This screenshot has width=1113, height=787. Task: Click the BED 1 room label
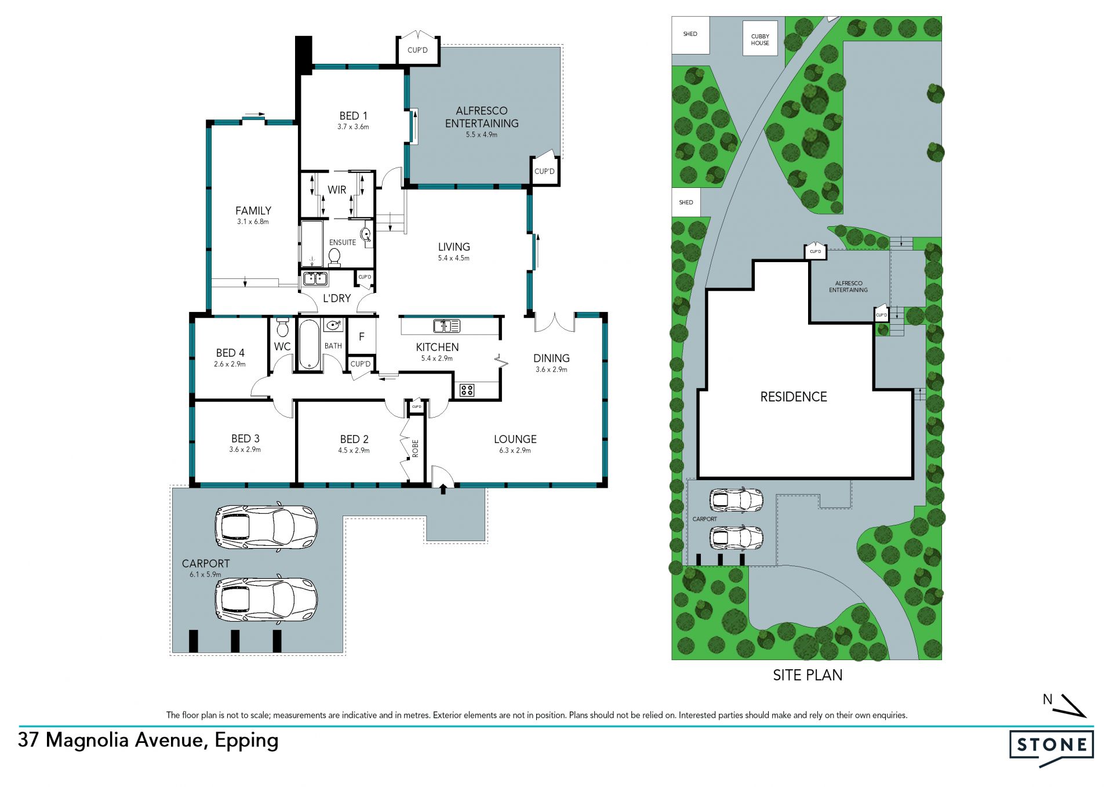(x=353, y=116)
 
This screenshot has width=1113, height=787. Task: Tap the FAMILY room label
(x=253, y=211)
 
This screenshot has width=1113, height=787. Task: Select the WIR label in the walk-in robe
(x=337, y=190)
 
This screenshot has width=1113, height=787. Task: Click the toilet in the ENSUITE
(x=334, y=255)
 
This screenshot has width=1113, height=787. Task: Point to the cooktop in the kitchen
(x=467, y=390)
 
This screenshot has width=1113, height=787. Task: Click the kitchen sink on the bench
(x=446, y=325)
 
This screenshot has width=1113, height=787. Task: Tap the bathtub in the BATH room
(x=308, y=344)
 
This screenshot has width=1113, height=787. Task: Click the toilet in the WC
(x=282, y=327)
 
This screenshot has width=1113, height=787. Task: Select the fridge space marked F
(x=362, y=336)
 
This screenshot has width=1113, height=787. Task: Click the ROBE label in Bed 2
(x=415, y=448)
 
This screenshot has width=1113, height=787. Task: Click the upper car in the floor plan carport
(x=266, y=527)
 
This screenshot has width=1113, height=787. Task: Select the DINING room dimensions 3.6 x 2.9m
(x=551, y=369)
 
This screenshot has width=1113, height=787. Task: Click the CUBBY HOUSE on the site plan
(x=760, y=39)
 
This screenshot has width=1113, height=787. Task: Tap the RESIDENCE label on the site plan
(x=794, y=397)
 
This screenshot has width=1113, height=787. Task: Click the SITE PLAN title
(x=808, y=675)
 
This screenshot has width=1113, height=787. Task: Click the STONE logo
(x=1052, y=747)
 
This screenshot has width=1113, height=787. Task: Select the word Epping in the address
(x=246, y=741)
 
